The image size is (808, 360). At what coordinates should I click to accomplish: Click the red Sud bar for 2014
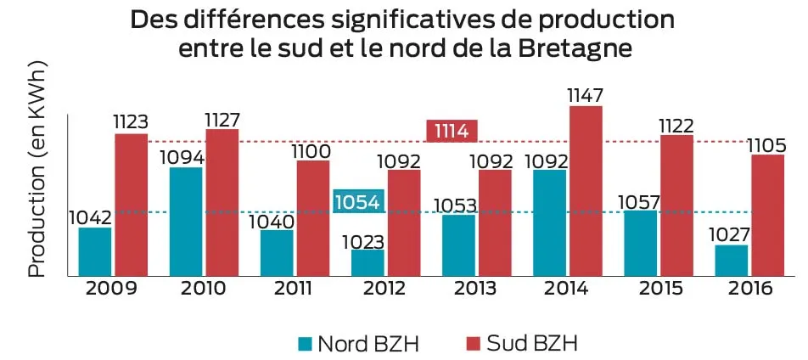point(586,191)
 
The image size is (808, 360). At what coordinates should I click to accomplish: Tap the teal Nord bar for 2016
point(732,260)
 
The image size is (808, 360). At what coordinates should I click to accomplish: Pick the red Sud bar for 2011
point(313,217)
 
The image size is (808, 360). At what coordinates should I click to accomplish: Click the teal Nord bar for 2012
point(368,262)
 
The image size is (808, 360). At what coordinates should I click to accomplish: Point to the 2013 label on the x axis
point(476,289)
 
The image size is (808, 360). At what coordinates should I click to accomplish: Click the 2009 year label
point(112,289)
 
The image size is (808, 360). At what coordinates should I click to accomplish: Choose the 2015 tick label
point(659,289)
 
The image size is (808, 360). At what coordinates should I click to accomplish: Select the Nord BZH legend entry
point(357,343)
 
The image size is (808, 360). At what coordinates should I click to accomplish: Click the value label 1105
point(766,144)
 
